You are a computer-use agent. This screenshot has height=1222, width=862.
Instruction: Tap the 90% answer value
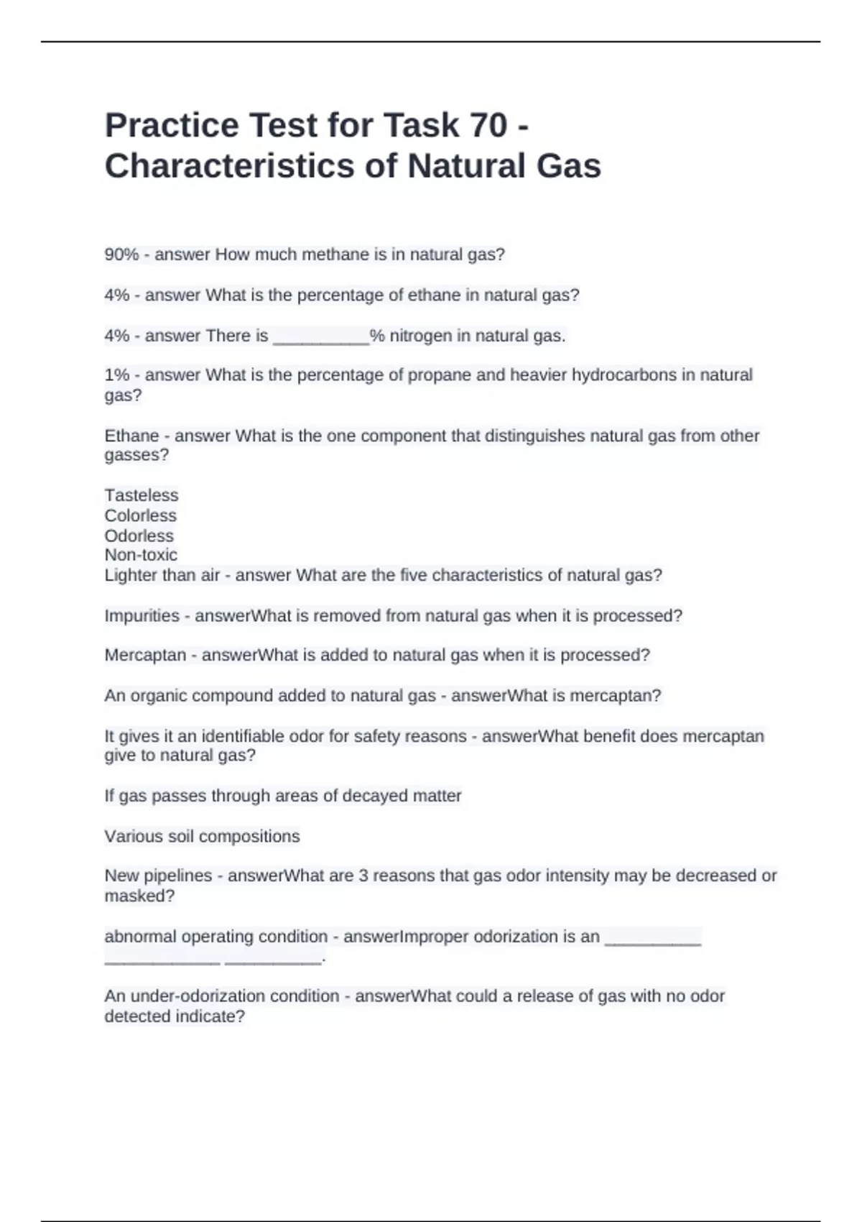[x=121, y=254]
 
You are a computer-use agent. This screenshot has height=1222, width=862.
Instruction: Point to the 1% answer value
[x=117, y=375]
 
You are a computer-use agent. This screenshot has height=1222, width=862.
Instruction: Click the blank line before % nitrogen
[x=320, y=336]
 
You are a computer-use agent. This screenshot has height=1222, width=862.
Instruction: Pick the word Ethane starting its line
[x=131, y=436]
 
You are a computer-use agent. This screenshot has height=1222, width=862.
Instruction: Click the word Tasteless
[x=142, y=495]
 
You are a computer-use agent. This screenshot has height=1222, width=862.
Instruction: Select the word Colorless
[x=140, y=515]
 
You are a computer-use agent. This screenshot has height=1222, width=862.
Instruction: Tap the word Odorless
[x=139, y=536]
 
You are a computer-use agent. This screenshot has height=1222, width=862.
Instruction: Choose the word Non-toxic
[x=141, y=555]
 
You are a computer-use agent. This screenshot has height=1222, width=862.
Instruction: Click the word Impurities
[x=142, y=616]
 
